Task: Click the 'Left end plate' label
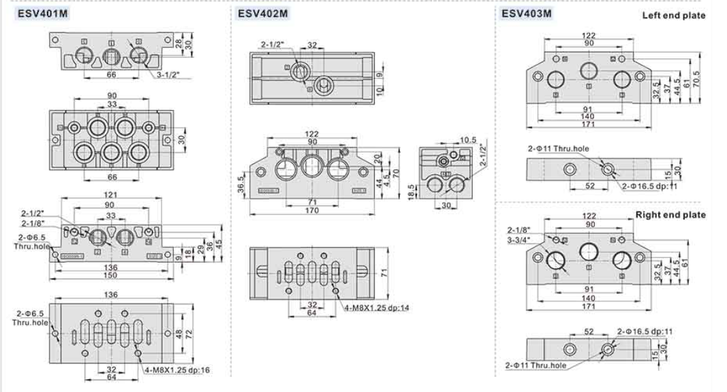(x=673, y=16)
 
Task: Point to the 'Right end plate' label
(x=670, y=215)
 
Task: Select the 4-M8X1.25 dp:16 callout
(x=177, y=370)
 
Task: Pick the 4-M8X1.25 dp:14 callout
(x=376, y=307)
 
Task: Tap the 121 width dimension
(x=112, y=195)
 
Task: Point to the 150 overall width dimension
(x=110, y=275)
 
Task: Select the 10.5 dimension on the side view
(x=467, y=140)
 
